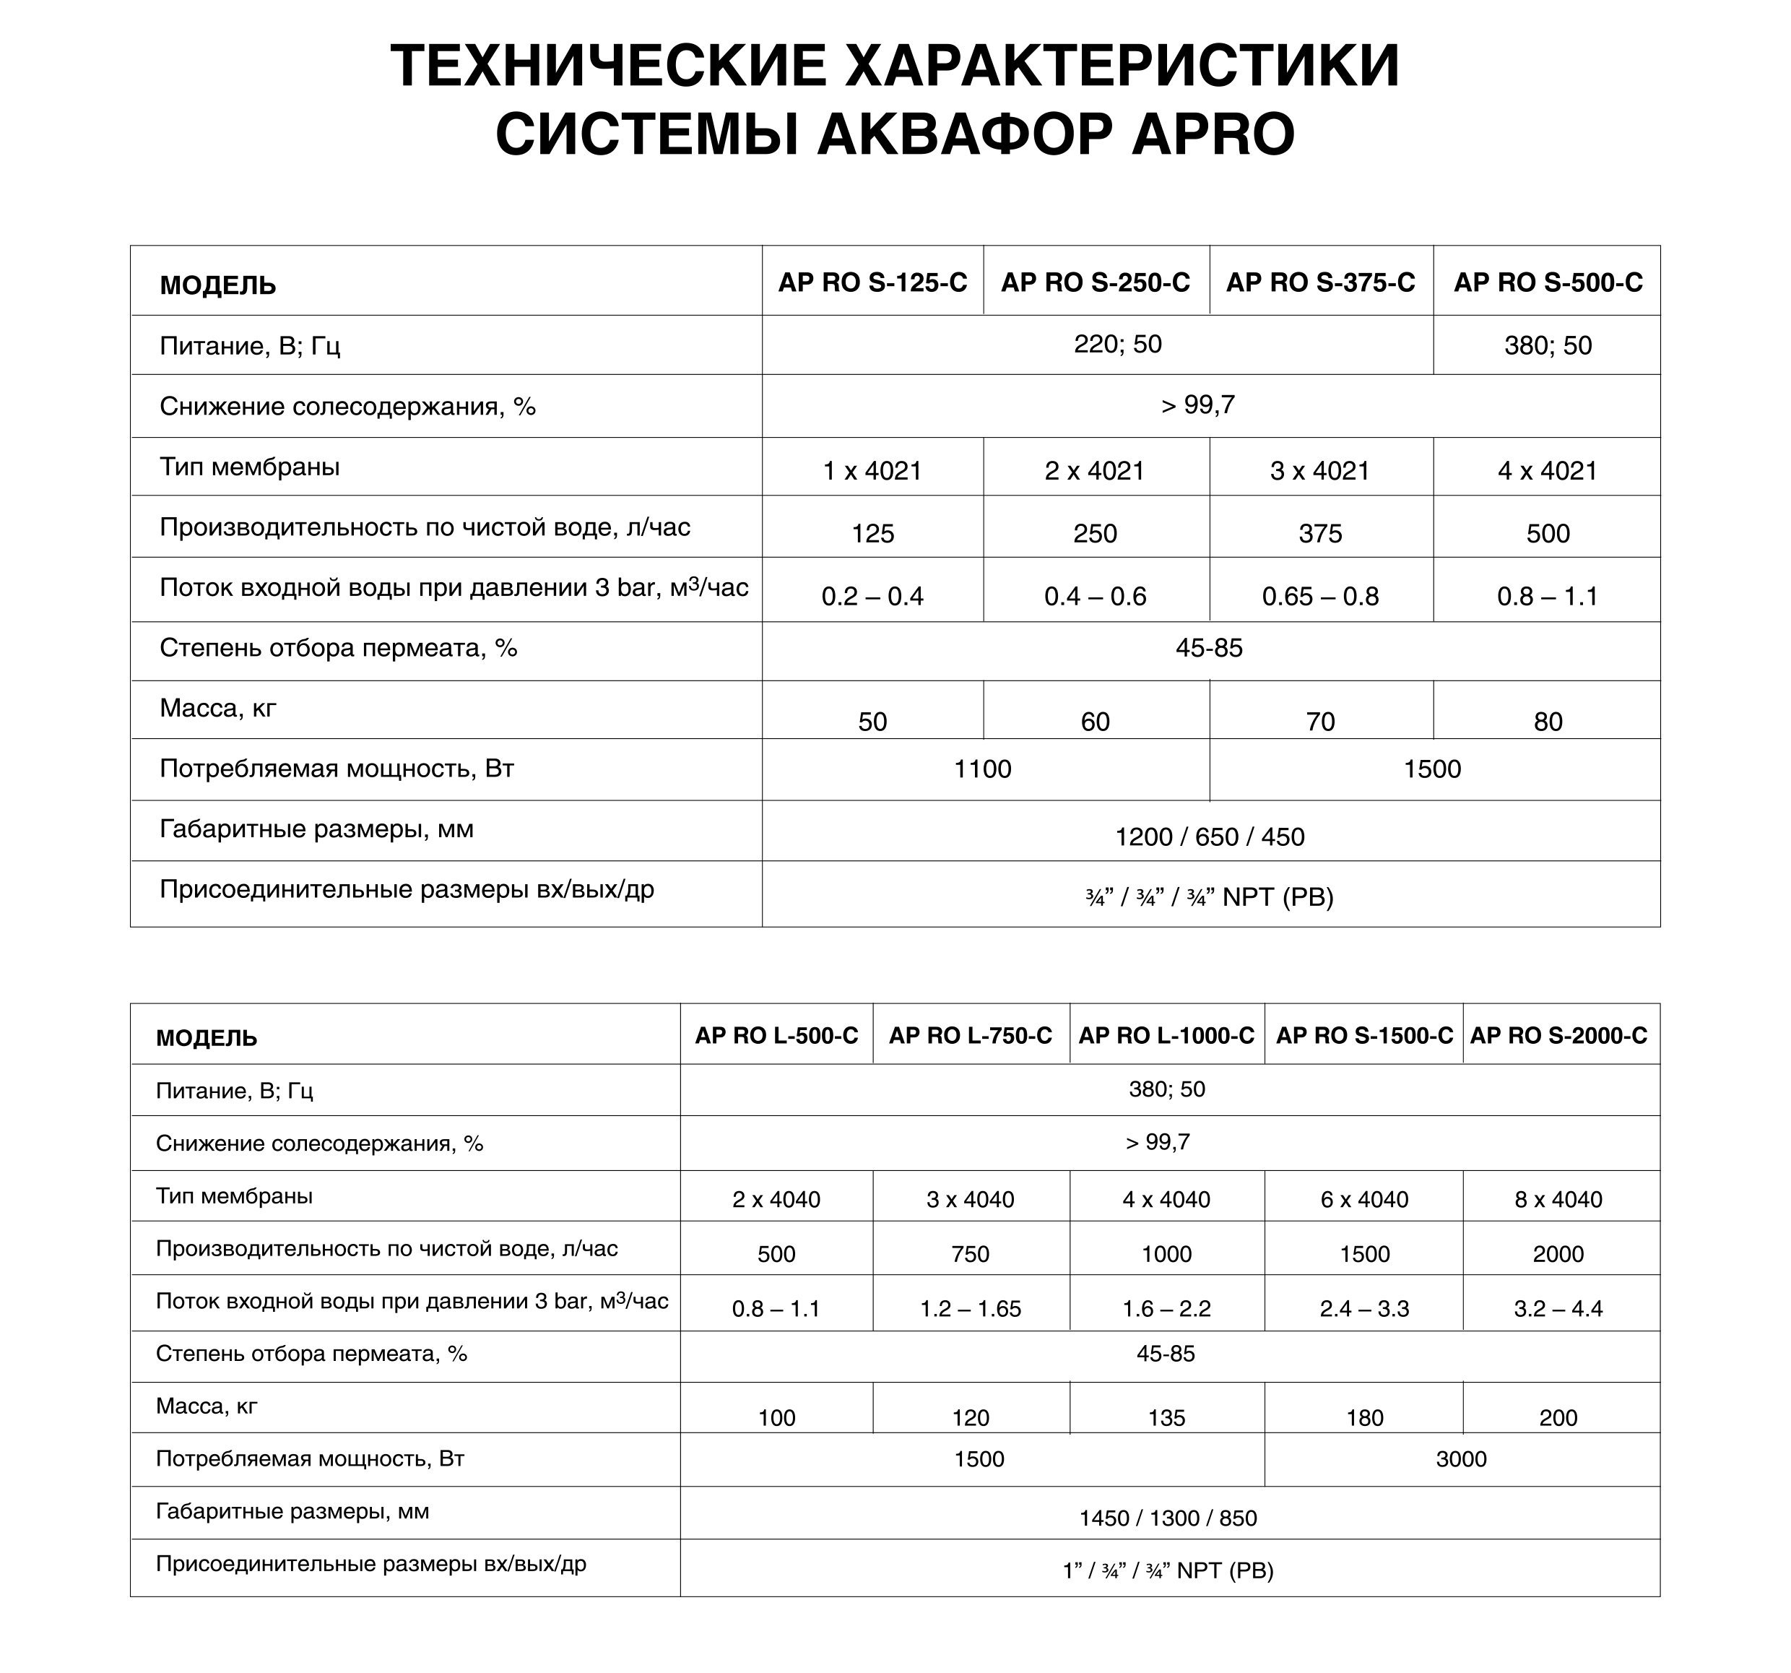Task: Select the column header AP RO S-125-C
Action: coord(872,283)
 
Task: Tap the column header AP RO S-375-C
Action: coord(1320,283)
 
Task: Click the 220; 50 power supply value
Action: coord(1117,344)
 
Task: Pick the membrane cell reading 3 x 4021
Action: coord(1320,471)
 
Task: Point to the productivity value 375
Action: coord(1320,533)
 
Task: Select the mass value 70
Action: coord(1320,722)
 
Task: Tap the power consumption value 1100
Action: coord(982,769)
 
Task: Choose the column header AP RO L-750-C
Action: coord(971,1036)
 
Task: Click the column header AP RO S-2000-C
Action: coord(1558,1036)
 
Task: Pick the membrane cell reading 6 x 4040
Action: coord(1364,1200)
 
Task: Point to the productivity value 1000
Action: coord(1166,1254)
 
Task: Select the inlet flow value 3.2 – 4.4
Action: coord(1558,1309)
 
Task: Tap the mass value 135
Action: coord(1166,1418)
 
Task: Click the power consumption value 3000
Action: coord(1461,1459)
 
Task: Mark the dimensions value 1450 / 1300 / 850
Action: coord(1168,1518)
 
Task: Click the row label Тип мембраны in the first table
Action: coord(250,467)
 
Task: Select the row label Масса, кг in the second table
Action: coord(207,1406)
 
